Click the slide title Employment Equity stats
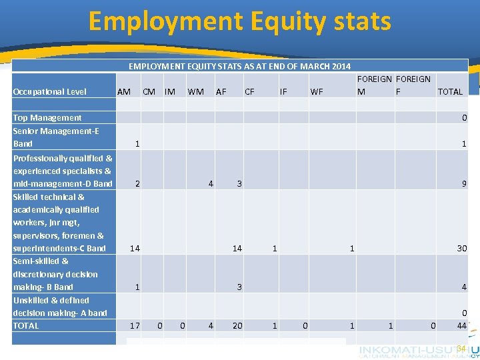point(239,21)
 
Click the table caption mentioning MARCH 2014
point(239,66)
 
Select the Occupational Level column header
point(50,91)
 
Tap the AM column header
point(123,91)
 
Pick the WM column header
point(196,91)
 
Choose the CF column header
point(249,91)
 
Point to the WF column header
point(317,91)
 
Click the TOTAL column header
point(450,91)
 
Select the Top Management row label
point(47,117)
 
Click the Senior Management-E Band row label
point(56,137)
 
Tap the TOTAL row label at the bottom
point(26,325)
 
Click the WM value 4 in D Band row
point(211,183)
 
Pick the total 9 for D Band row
point(464,183)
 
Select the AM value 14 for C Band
point(135,248)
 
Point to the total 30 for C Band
point(461,248)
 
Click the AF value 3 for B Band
point(239,287)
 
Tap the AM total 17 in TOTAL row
point(135,325)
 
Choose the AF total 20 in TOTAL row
point(237,325)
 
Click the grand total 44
point(461,325)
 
